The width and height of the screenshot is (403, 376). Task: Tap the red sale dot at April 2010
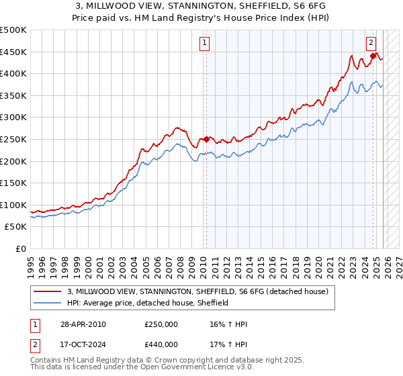click(206, 139)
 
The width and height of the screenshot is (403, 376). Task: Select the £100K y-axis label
click(14, 205)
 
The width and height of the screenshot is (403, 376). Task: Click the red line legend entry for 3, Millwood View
click(197, 291)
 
